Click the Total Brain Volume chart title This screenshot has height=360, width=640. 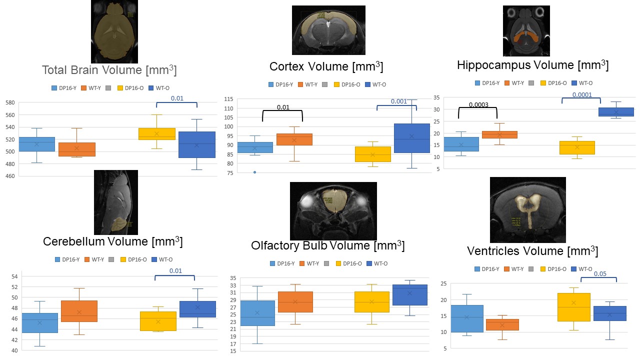109,70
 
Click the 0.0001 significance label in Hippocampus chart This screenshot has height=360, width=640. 581,95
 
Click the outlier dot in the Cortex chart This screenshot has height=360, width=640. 254,172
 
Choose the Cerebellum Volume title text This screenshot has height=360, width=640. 112,242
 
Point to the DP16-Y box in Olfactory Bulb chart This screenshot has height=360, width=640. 257,313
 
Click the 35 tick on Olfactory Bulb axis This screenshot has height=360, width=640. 233,278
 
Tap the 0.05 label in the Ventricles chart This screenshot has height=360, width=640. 599,274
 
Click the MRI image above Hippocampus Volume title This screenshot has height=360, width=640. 526,31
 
